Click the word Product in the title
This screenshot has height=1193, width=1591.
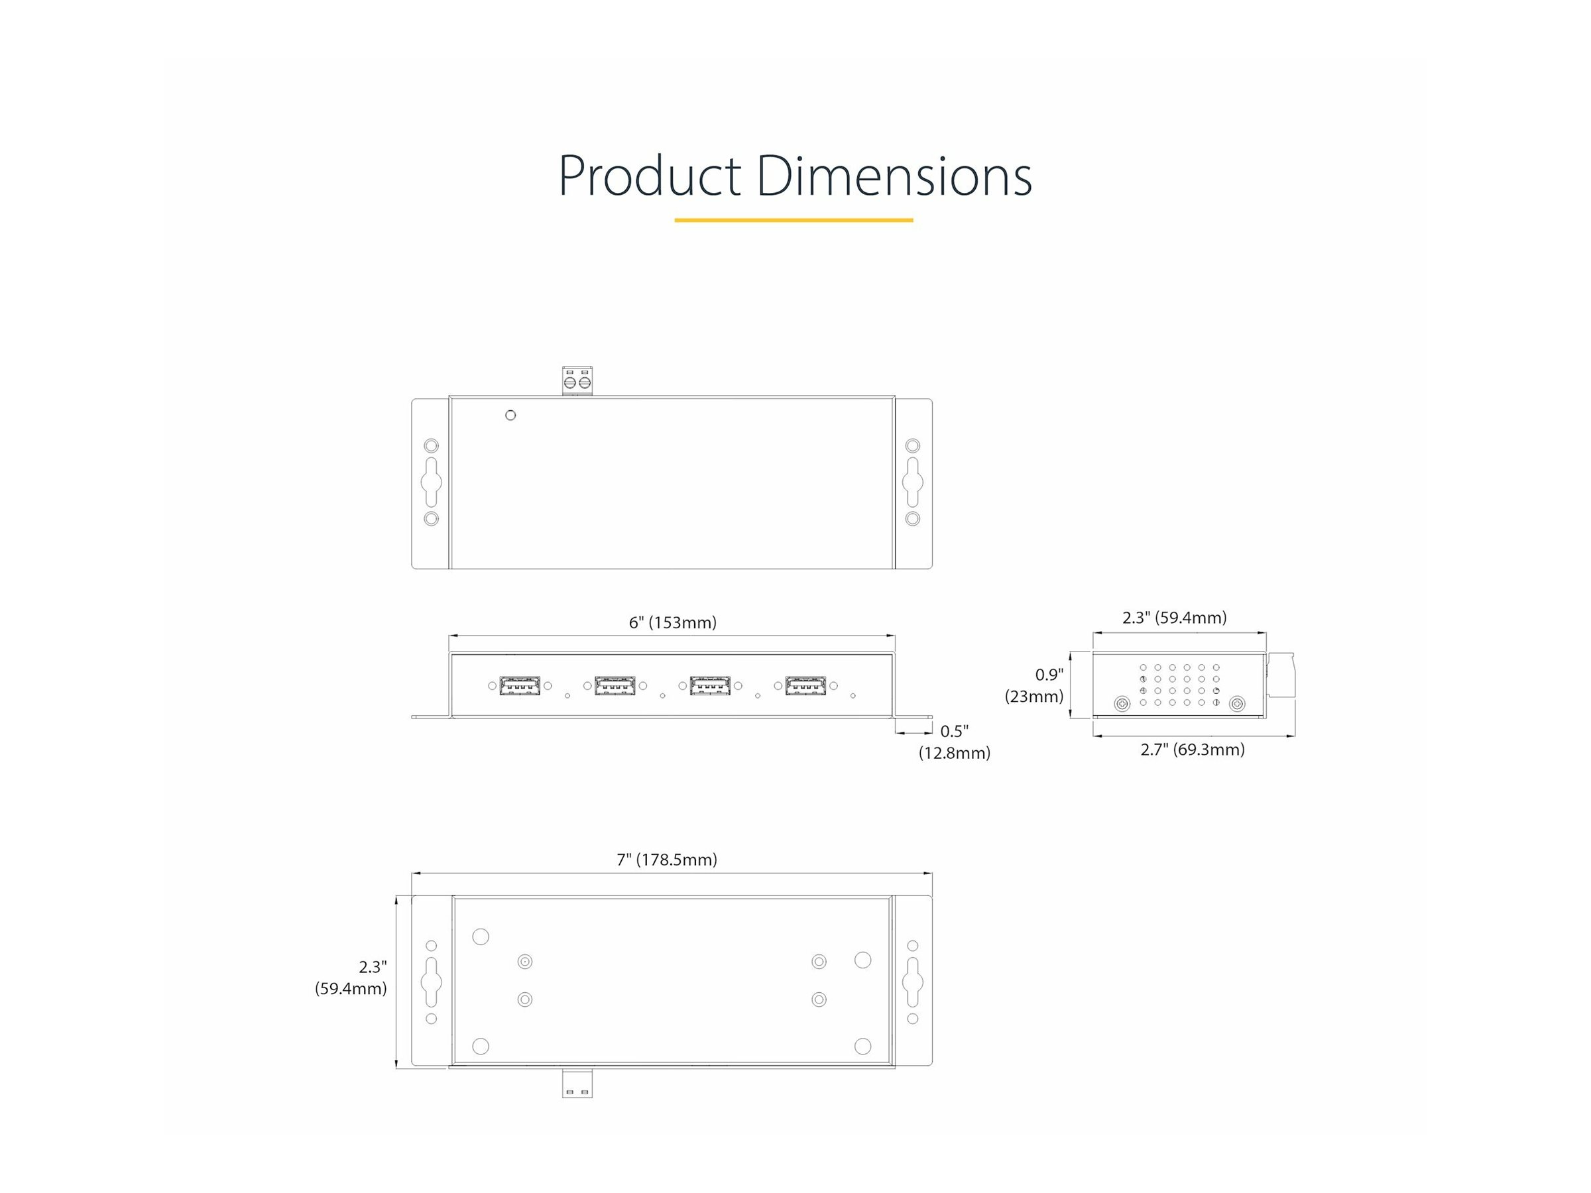pyautogui.click(x=650, y=176)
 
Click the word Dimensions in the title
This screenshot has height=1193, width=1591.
pyautogui.click(x=894, y=176)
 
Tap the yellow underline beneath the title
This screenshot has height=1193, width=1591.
pyautogui.click(x=794, y=220)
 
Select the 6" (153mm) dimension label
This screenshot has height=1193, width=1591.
pyautogui.click(x=672, y=622)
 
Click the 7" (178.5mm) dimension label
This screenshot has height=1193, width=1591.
pyautogui.click(x=667, y=860)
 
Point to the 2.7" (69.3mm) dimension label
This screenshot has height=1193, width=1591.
pyautogui.click(x=1193, y=750)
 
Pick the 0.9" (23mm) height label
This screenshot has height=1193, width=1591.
pyautogui.click(x=1034, y=685)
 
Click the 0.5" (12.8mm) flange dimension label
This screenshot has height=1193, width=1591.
pyautogui.click(x=955, y=742)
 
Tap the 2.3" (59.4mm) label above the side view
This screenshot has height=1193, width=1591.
pyautogui.click(x=1175, y=617)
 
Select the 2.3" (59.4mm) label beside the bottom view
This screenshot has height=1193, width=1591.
pyautogui.click(x=351, y=978)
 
